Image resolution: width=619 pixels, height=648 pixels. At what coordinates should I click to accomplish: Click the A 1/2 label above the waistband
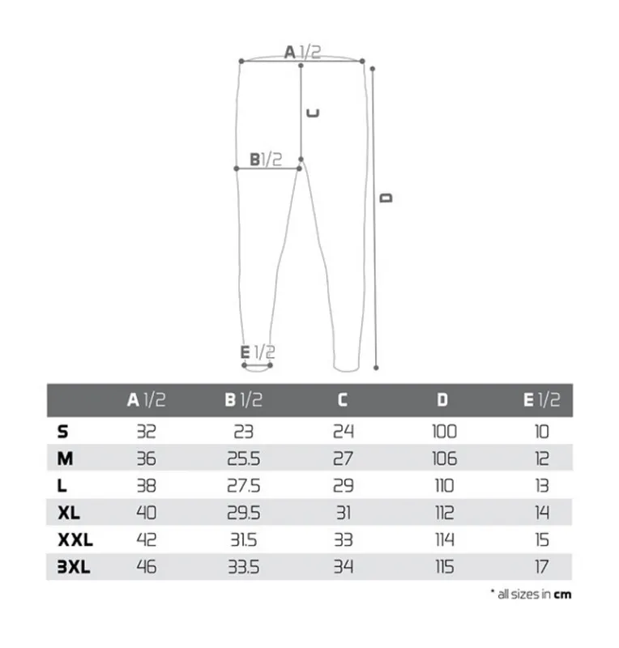pos(301,53)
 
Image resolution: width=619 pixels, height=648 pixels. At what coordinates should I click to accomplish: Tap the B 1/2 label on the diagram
pos(266,160)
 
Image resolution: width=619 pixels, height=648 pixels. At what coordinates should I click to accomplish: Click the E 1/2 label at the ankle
pos(258,352)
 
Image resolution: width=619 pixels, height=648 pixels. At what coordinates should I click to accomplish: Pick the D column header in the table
pos(442,399)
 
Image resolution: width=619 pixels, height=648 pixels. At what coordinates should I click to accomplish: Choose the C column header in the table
pos(343,399)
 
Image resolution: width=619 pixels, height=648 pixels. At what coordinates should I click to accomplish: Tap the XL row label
pos(69,512)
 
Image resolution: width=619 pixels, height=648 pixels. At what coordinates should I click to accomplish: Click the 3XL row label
pos(74,567)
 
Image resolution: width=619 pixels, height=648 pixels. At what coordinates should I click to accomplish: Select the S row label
pos(62,431)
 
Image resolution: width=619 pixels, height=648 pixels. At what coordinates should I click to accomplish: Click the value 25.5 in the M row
pos(243,458)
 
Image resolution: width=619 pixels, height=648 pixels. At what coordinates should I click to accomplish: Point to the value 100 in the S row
pos(443,431)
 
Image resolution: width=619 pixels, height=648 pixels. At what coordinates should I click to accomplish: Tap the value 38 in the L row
pos(146,486)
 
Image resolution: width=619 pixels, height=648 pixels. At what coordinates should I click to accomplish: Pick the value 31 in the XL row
pos(343,513)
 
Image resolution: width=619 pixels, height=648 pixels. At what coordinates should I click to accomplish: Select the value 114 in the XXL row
pos(443,540)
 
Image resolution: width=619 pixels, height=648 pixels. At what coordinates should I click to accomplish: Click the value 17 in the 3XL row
pos(542,567)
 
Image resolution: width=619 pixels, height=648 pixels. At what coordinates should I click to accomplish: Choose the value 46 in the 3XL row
pos(146,567)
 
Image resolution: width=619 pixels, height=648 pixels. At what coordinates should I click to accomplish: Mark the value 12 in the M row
pos(542,458)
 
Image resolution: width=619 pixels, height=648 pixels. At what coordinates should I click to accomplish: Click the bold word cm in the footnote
pos(562,594)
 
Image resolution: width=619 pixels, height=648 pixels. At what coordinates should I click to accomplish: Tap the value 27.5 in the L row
pos(243,486)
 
